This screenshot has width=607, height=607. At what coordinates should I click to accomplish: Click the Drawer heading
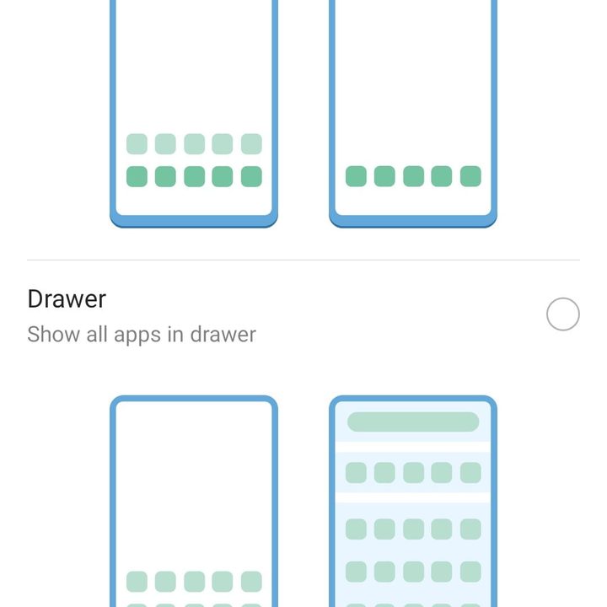[67, 299]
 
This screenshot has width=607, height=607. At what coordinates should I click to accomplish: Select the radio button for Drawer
[563, 314]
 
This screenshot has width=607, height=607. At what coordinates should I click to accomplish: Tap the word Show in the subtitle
[53, 335]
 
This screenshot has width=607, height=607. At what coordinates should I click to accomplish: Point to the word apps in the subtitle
[137, 335]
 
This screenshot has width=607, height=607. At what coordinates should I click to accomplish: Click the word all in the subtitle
[97, 335]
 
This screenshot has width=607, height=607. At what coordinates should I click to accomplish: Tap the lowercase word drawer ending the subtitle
[223, 335]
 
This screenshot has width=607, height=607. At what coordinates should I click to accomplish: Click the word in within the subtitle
[175, 335]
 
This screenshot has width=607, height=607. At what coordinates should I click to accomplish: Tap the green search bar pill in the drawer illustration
[413, 422]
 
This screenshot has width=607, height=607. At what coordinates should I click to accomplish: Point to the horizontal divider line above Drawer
[303, 260]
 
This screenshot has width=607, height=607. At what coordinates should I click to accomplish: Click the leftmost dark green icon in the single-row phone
[357, 176]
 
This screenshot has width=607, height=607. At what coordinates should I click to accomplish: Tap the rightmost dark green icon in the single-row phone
[470, 176]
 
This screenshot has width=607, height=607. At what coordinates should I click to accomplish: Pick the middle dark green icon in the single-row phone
[413, 176]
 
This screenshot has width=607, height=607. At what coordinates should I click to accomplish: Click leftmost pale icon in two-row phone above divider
[137, 143]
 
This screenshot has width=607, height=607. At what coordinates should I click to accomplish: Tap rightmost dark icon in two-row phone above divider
[251, 176]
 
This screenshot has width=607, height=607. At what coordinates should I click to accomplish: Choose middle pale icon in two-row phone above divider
[194, 143]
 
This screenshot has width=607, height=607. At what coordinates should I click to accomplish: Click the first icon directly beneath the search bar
[356, 472]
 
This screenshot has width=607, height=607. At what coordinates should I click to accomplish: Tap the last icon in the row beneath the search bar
[470, 472]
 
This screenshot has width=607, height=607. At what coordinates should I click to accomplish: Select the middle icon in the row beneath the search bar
[413, 472]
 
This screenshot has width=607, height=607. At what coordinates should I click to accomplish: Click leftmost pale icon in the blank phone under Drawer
[137, 582]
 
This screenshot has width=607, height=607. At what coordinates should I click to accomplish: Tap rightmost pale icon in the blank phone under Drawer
[251, 582]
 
